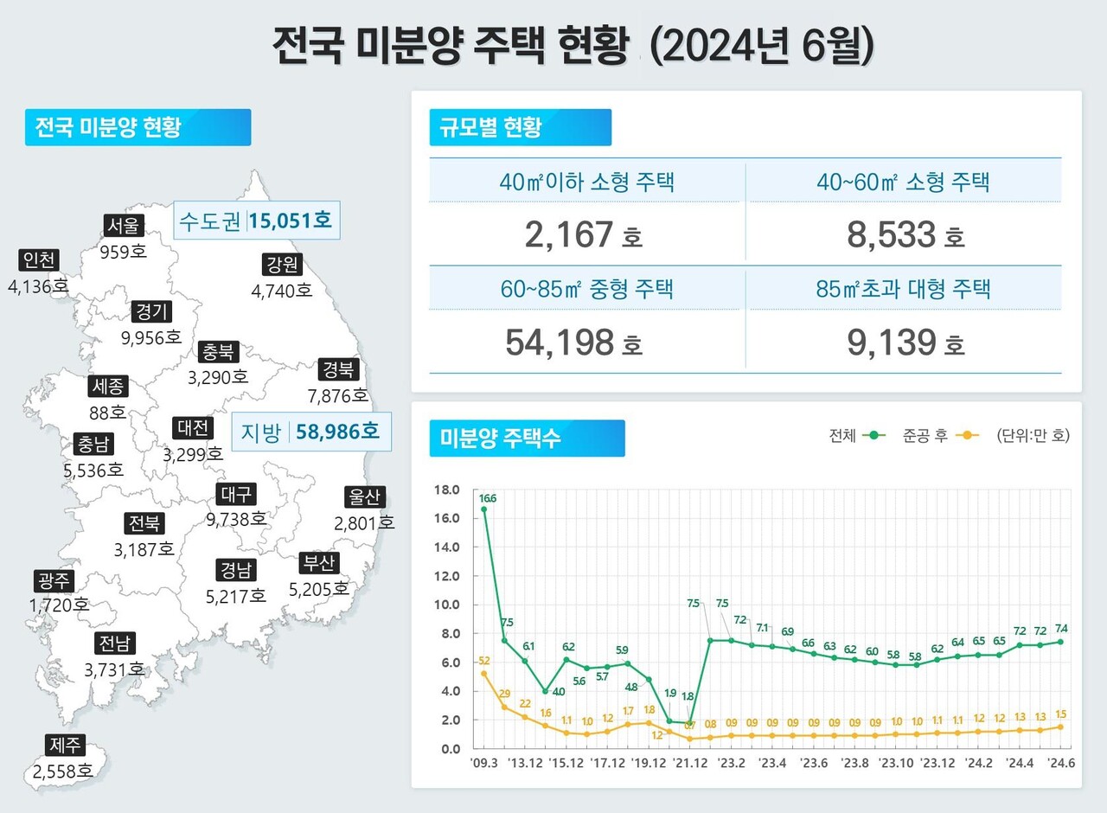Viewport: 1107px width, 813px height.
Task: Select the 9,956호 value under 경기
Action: click(x=151, y=337)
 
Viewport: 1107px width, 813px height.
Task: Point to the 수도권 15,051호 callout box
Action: click(x=255, y=221)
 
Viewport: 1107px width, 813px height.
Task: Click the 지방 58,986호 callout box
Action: click(x=311, y=432)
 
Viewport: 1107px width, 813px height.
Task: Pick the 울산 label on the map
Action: click(x=364, y=497)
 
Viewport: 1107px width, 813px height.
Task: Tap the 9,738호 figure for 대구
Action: click(x=236, y=519)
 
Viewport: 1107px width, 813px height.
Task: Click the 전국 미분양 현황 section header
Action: click(x=138, y=127)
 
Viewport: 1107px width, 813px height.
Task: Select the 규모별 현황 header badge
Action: click(x=520, y=127)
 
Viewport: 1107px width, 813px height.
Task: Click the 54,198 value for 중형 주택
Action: click(x=560, y=342)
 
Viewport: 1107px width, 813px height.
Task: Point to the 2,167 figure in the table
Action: click(x=569, y=234)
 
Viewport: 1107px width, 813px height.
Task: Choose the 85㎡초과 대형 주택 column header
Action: click(x=903, y=289)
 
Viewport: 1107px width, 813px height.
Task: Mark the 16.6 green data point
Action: click(x=483, y=509)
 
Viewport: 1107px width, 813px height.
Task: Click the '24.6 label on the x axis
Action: click(x=1060, y=763)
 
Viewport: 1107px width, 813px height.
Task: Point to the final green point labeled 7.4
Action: click(x=1060, y=642)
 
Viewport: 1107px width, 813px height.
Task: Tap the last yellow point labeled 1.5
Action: click(x=1060, y=727)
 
